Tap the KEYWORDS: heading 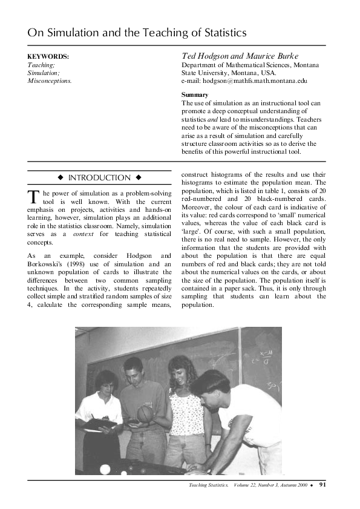pos(48,56)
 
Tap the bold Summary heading pos(195,95)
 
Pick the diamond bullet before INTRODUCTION pos(61,178)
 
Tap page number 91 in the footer pos(322,485)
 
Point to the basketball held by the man pos(146,414)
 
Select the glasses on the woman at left pos(99,386)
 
